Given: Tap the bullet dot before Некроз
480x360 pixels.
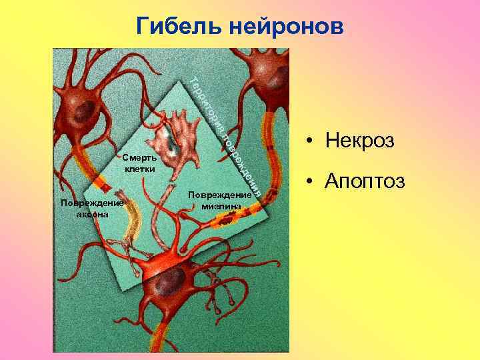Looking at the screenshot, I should [x=311, y=142].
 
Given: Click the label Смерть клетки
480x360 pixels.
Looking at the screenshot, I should [x=139, y=163].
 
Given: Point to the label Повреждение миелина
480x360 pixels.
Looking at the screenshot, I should [x=219, y=201].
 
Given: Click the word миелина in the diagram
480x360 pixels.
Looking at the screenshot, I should [x=219, y=207].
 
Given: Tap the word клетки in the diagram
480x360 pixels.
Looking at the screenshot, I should [x=139, y=169].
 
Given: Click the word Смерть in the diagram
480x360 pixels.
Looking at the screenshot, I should [x=139, y=158].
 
